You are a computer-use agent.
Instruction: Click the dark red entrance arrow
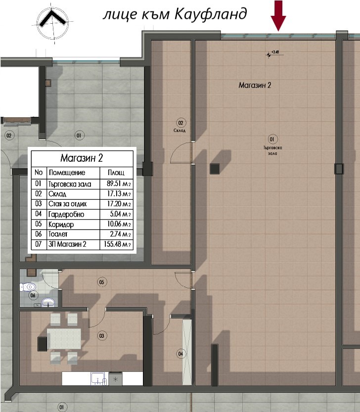click(x=278, y=15)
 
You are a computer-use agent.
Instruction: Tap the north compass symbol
click(x=51, y=21)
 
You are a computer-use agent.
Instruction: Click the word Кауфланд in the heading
click(x=211, y=14)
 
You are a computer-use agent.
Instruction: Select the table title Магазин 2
click(x=82, y=158)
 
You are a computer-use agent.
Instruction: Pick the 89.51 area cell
click(x=117, y=183)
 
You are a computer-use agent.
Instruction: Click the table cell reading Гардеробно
click(x=67, y=214)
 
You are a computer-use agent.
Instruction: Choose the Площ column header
click(x=109, y=173)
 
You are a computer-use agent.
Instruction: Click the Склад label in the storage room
click(x=180, y=131)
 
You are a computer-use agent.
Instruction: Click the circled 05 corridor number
click(x=102, y=282)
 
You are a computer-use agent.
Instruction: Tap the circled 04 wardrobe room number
click(x=181, y=353)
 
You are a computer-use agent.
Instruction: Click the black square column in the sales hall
click(x=215, y=169)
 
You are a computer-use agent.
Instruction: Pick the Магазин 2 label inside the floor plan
click(x=255, y=85)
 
